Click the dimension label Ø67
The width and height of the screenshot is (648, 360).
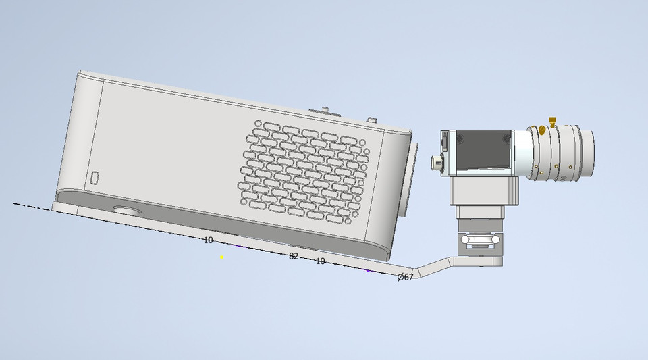click(406, 277)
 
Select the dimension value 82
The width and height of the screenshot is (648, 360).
click(294, 256)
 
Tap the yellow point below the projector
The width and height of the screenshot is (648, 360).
click(222, 257)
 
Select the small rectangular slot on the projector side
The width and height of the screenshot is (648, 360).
click(95, 178)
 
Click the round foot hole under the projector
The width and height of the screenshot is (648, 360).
click(128, 210)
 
